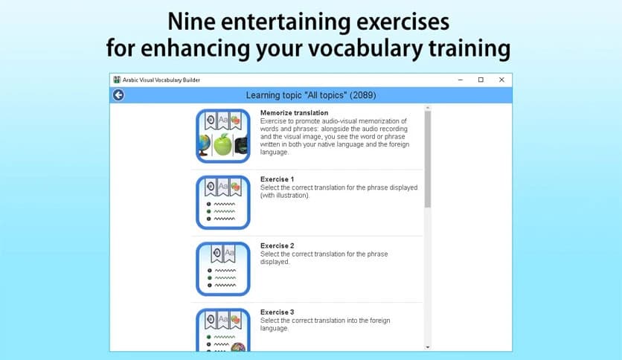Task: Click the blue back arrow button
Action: click(x=118, y=95)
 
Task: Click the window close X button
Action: click(x=501, y=80)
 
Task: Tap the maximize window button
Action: click(x=481, y=80)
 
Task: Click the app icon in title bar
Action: click(x=117, y=80)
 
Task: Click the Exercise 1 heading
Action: click(x=277, y=179)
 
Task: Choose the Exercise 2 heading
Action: click(x=277, y=245)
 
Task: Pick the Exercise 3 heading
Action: click(x=277, y=312)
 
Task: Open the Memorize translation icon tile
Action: click(x=223, y=135)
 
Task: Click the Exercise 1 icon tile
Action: click(x=223, y=202)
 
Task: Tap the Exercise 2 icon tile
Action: click(x=223, y=268)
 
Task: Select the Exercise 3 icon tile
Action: click(x=223, y=330)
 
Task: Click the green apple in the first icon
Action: click(x=223, y=144)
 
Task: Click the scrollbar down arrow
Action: click(x=427, y=347)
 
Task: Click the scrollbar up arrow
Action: click(x=427, y=108)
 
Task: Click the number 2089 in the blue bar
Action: click(x=362, y=95)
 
